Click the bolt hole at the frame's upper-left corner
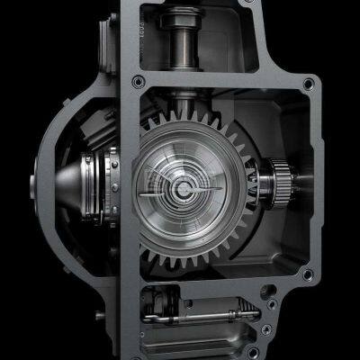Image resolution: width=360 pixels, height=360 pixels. tap(137, 82)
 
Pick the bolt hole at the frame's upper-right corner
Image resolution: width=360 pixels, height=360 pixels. tap(309, 83)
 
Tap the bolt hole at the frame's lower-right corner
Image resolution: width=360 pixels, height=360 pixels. tap(308, 274)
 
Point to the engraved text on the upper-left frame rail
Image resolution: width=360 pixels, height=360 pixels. tap(131, 27)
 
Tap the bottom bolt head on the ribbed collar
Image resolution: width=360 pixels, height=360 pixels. tap(113, 200)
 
